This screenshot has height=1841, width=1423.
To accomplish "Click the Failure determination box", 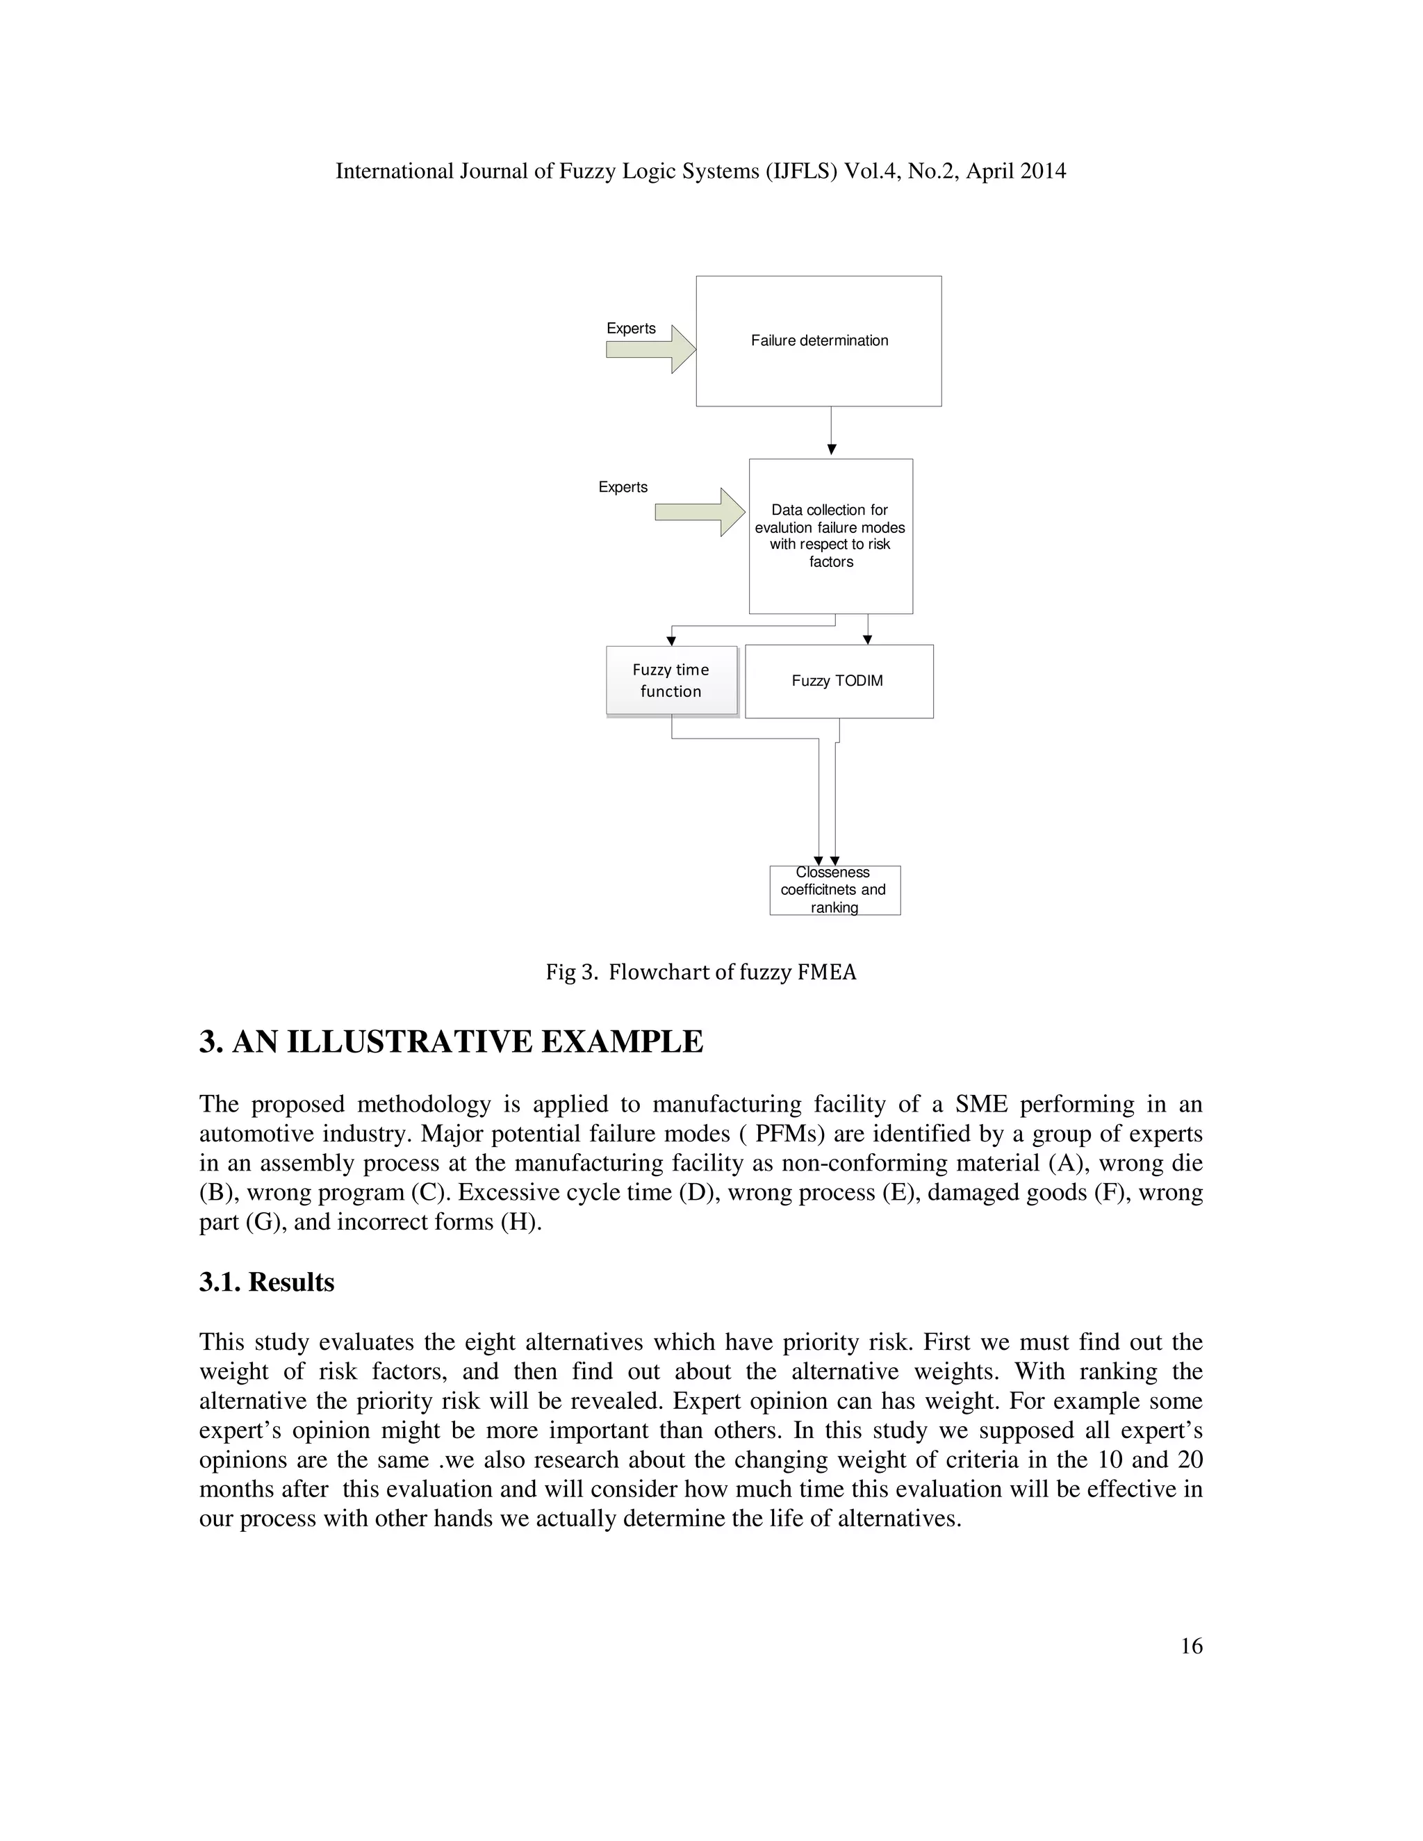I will coord(819,340).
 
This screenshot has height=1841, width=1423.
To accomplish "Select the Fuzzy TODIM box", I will coord(839,681).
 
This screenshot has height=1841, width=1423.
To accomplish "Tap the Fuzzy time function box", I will coord(671,680).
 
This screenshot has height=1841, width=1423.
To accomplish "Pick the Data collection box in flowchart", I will coord(830,536).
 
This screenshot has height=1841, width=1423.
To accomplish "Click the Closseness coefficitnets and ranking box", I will coord(834,890).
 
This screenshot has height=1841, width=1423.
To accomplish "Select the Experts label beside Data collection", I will coord(623,487).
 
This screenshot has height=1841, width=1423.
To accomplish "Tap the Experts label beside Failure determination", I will coord(631,329).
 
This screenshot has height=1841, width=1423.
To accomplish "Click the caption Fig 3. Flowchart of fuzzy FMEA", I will coord(700,973).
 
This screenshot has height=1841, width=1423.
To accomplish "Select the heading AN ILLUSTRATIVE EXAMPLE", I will coord(467,1043).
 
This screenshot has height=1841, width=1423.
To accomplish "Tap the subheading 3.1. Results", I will coord(266,1282).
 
